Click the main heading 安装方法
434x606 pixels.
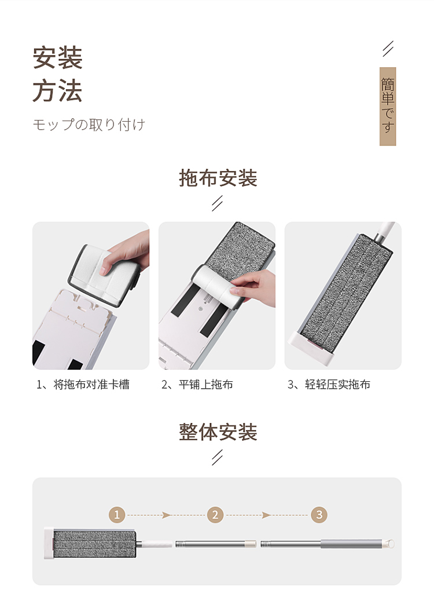tap(57, 74)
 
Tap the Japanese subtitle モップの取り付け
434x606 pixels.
tap(89, 125)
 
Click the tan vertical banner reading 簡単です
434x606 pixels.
tap(388, 106)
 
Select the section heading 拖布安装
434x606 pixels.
tap(218, 178)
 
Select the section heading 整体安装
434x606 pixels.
tap(218, 432)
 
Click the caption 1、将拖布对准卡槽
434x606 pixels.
tap(83, 385)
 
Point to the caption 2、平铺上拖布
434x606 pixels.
tap(197, 385)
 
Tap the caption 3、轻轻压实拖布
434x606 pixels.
tap(329, 385)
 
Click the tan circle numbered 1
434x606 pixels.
tap(117, 515)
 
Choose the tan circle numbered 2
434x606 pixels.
tap(215, 515)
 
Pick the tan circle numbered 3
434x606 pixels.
tap(319, 515)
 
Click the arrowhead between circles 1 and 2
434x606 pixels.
tap(167, 515)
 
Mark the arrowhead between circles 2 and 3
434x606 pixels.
tap(266, 515)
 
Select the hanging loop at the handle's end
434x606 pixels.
tap(389, 544)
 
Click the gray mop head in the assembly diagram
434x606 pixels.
tap(94, 544)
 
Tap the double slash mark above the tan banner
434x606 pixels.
tap(388, 49)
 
